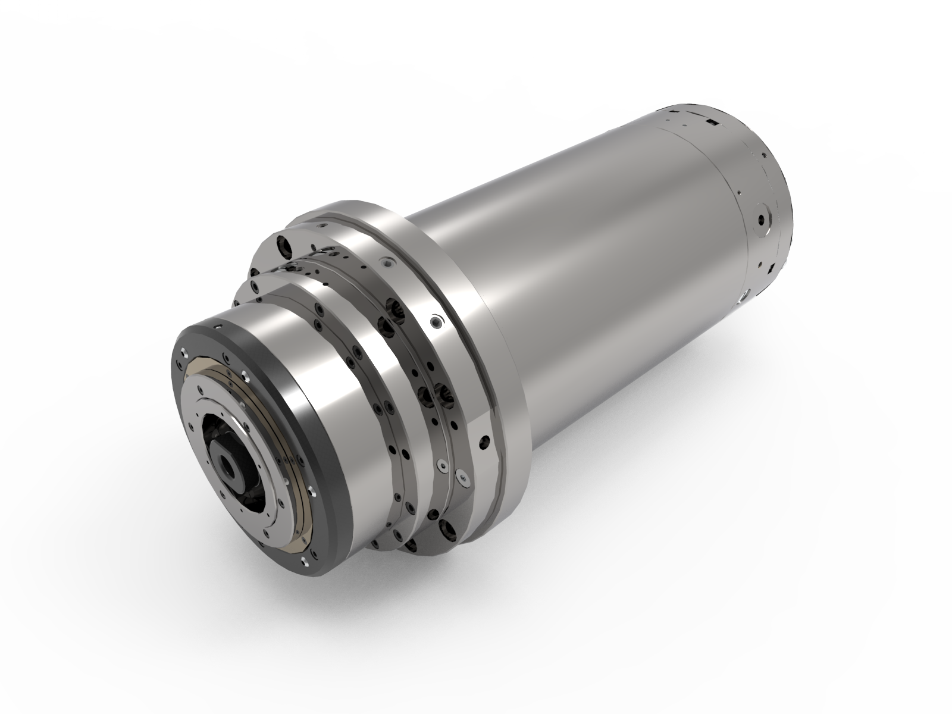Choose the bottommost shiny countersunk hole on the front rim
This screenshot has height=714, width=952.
(x=304, y=562)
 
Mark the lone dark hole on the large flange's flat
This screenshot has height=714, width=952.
(x=484, y=443)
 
